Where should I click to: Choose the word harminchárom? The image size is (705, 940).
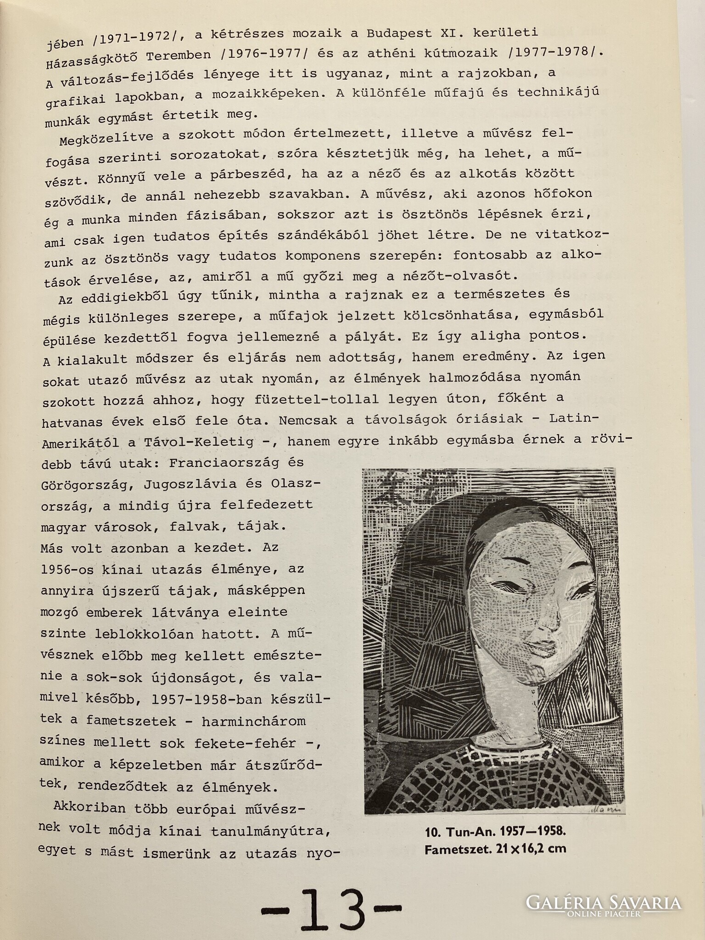point(254,721)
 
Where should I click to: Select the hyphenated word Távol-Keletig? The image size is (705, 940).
point(198,442)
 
